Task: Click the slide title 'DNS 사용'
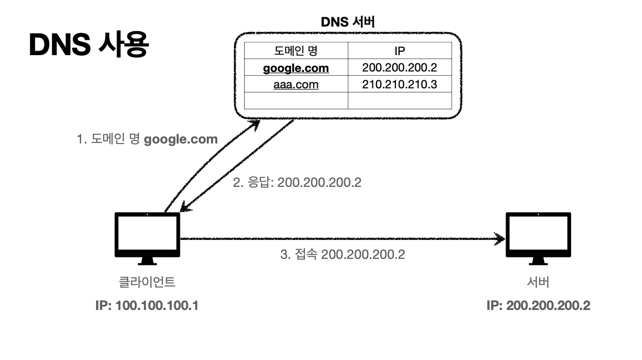pyautogui.click(x=89, y=46)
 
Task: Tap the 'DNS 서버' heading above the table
pyautogui.click(x=348, y=22)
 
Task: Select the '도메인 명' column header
pyautogui.click(x=296, y=51)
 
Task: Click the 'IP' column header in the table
pyautogui.click(x=399, y=51)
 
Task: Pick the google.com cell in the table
pyautogui.click(x=296, y=68)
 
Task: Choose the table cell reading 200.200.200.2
pyautogui.click(x=399, y=67)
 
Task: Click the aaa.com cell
pyautogui.click(x=296, y=84)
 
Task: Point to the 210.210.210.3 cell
pyautogui.click(x=399, y=84)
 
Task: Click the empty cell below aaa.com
pyautogui.click(x=296, y=101)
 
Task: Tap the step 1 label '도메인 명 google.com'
pyautogui.click(x=147, y=139)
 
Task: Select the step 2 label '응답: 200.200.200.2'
pyautogui.click(x=297, y=182)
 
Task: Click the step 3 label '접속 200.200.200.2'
pyautogui.click(x=342, y=254)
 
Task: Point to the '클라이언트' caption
pyautogui.click(x=147, y=281)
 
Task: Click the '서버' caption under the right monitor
pyautogui.click(x=538, y=281)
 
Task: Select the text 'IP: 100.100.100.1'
pyautogui.click(x=147, y=306)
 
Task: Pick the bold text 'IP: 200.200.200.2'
pyautogui.click(x=538, y=306)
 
